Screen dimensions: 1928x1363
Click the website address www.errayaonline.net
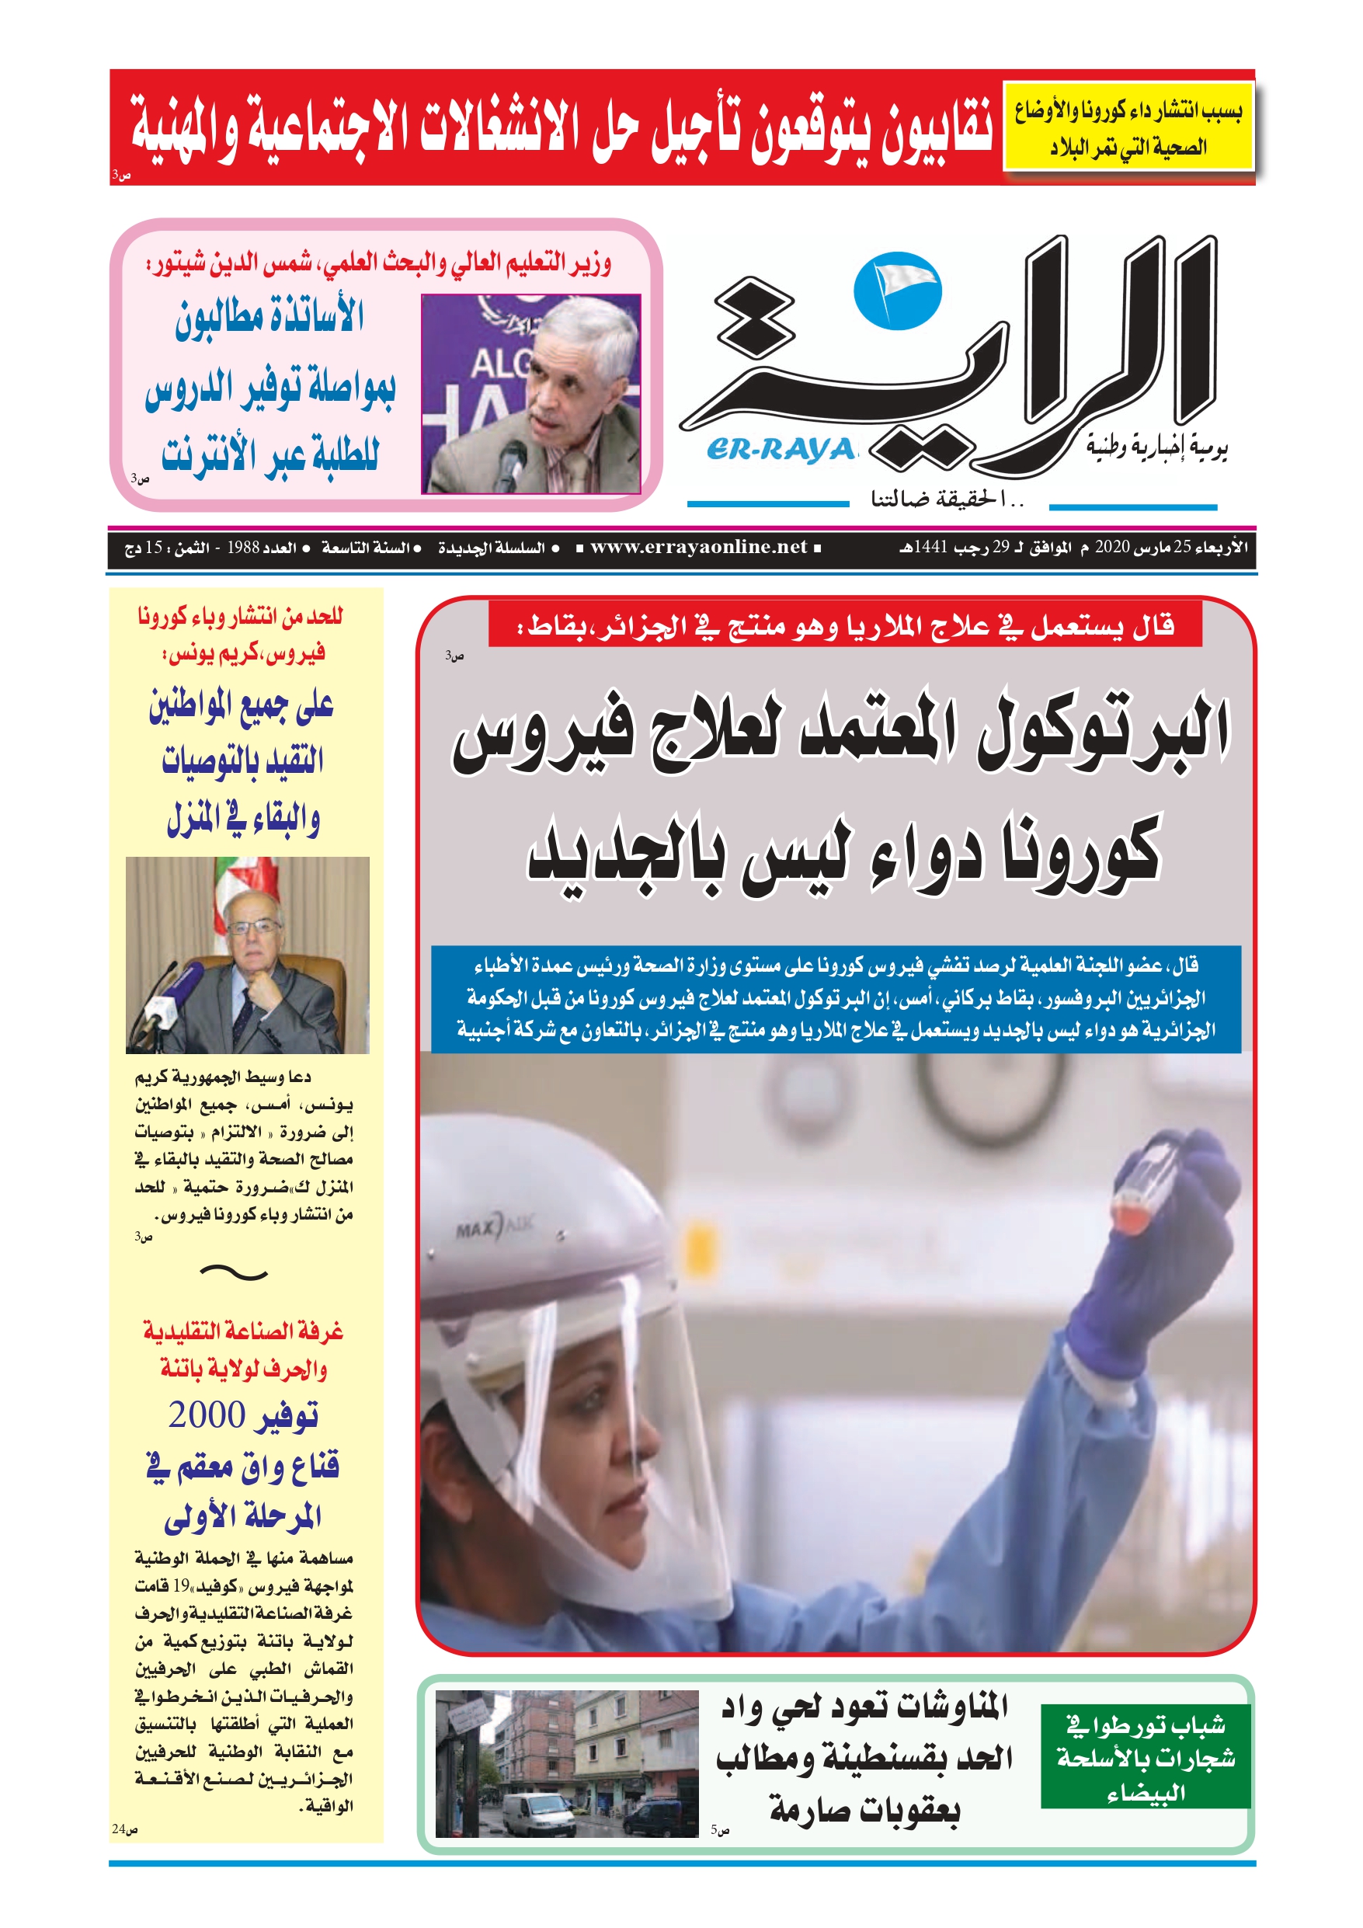click(x=698, y=548)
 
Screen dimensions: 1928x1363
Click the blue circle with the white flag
click(x=897, y=291)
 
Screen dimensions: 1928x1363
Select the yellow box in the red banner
click(x=1128, y=127)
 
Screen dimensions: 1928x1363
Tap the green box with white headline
click(x=1145, y=1756)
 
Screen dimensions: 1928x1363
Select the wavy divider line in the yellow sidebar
click(x=234, y=1274)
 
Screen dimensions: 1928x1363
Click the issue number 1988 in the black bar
click(x=243, y=548)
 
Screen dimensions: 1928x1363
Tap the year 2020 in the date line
click(x=1112, y=548)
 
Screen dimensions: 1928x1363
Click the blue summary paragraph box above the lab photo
click(x=836, y=997)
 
